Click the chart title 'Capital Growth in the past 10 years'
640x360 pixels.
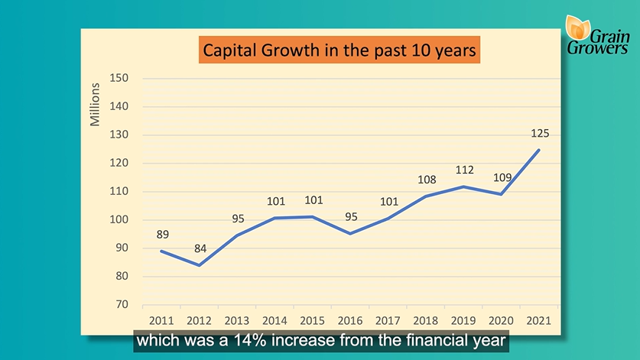click(x=339, y=50)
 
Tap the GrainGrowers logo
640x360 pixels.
click(x=596, y=35)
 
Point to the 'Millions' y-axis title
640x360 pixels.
click(x=95, y=105)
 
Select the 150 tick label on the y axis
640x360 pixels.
click(x=119, y=78)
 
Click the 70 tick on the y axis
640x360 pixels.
click(x=122, y=304)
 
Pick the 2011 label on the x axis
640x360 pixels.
click(x=161, y=321)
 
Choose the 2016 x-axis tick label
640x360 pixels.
click(x=349, y=321)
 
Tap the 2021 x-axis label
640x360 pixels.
click(x=538, y=321)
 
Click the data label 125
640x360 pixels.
click(x=540, y=134)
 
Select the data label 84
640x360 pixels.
click(x=200, y=248)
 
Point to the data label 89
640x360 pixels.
click(x=162, y=235)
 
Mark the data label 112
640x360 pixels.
click(x=464, y=170)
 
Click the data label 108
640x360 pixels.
click(x=427, y=180)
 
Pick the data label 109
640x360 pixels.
click(x=502, y=177)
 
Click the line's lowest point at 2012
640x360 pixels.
click(x=199, y=265)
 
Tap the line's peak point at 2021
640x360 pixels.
click(x=539, y=150)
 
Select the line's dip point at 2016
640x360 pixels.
click(x=350, y=234)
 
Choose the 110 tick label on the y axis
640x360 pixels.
click(x=119, y=191)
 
